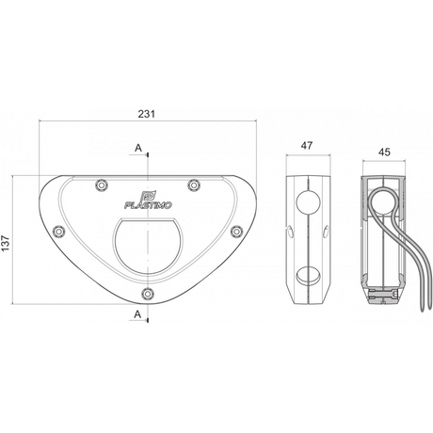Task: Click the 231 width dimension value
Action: click(147, 114)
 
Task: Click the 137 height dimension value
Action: click(6, 243)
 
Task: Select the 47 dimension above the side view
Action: click(307, 146)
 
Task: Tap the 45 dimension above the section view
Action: click(384, 152)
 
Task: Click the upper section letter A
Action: click(138, 148)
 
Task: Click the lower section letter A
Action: click(137, 313)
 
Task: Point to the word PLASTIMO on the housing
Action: click(148, 205)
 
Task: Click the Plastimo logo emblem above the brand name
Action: click(147, 196)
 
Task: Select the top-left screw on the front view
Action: click(102, 185)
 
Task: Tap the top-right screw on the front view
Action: click(194, 184)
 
